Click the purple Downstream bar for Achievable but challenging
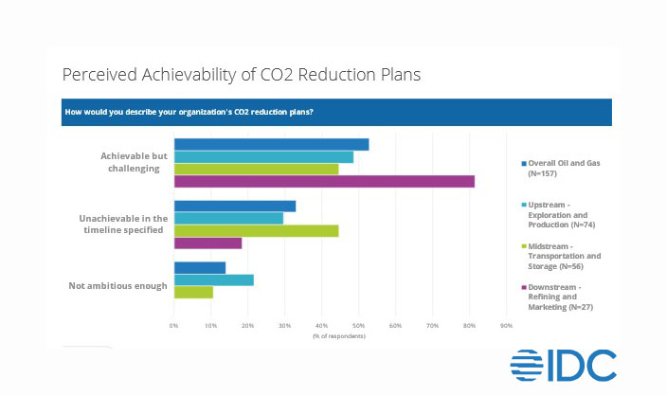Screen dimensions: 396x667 pos(324,181)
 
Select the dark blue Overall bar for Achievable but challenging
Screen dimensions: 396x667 pos(271,144)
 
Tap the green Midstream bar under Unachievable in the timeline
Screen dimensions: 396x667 pos(256,230)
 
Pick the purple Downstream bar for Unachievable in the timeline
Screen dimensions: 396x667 pos(207,243)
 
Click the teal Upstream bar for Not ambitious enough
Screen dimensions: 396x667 pos(213,279)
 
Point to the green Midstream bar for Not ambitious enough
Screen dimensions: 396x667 pos(193,292)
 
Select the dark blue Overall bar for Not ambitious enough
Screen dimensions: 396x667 pos(199,267)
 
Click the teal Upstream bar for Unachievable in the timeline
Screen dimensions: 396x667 pos(228,218)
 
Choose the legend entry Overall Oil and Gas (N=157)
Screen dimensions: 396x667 pos(566,167)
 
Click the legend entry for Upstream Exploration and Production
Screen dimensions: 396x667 pos(566,215)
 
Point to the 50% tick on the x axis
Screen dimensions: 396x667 pos(358,327)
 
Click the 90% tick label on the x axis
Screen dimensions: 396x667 pos(506,327)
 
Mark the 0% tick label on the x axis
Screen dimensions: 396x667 pos(174,327)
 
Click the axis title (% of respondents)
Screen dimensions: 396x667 pos(338,336)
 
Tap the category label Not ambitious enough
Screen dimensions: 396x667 pos(118,285)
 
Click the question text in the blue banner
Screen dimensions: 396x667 pos(189,113)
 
